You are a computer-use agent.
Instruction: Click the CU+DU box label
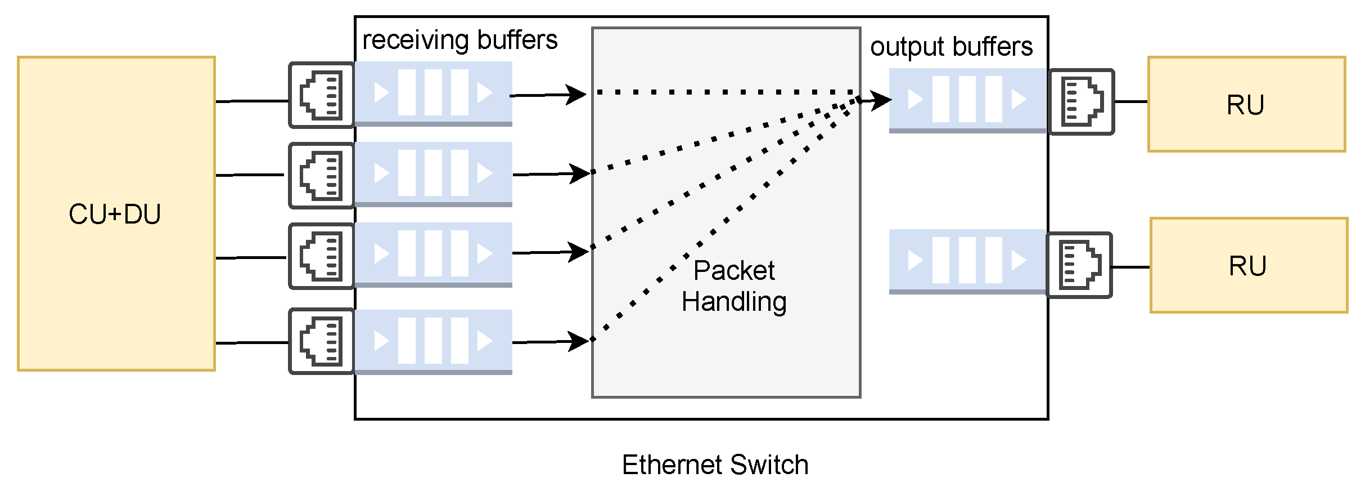[x=115, y=215]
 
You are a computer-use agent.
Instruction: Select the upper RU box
[x=1246, y=105]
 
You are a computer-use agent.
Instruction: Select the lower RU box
[x=1248, y=266]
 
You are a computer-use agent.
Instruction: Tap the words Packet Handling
[x=733, y=286]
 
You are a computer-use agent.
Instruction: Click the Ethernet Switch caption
[x=715, y=465]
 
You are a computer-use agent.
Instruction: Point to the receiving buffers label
[x=459, y=41]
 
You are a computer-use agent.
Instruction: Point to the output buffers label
[x=951, y=47]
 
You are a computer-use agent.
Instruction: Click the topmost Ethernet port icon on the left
[x=322, y=95]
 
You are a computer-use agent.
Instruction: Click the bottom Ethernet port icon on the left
[x=322, y=341]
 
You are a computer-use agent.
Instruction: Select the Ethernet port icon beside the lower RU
[x=1079, y=265]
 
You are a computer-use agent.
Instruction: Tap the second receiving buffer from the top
[x=433, y=173]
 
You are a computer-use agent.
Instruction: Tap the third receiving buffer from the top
[x=433, y=254]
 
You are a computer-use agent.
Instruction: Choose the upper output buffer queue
[x=967, y=100]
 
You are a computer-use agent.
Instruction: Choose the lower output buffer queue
[x=967, y=261]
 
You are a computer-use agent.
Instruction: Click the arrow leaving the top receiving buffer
[x=548, y=95]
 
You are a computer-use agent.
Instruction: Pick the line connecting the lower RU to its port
[x=1131, y=267]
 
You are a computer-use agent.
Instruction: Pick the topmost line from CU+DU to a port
[x=252, y=101]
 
